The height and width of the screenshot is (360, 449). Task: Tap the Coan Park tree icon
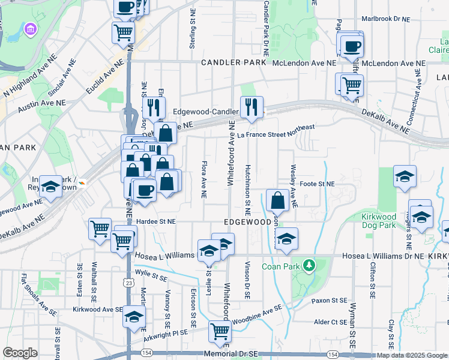(309, 265)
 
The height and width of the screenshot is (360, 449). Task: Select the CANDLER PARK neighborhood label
(233, 62)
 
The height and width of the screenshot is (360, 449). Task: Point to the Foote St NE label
(316, 184)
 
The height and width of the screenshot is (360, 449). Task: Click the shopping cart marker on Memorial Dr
(220, 331)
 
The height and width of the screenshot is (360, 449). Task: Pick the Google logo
(20, 353)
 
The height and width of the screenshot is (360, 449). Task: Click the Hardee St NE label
(155, 221)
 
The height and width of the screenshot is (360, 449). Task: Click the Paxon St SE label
(329, 300)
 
